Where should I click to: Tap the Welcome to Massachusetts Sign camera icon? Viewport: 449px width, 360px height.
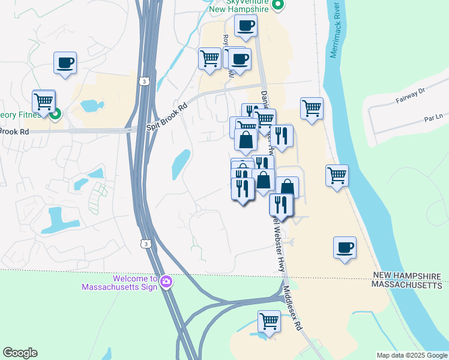coord(165,281)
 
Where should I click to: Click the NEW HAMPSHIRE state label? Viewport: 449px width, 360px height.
coord(407,275)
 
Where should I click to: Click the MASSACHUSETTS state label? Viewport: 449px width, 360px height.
coord(406,286)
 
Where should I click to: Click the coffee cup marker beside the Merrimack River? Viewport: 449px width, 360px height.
coord(345,247)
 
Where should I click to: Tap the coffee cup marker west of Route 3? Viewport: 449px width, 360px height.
coord(65,62)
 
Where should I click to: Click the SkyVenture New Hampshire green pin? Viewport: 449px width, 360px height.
coord(277,5)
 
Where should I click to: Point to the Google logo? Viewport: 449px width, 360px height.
coord(20,353)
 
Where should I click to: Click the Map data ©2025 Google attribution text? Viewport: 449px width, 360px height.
coord(411,355)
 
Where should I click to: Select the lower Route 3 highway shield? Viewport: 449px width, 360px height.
coord(145,243)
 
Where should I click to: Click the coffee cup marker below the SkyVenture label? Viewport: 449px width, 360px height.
coord(246,26)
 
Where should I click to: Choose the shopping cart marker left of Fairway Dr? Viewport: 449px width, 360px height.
coord(312,108)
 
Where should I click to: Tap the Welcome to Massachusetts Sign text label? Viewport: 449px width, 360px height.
coord(119,283)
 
